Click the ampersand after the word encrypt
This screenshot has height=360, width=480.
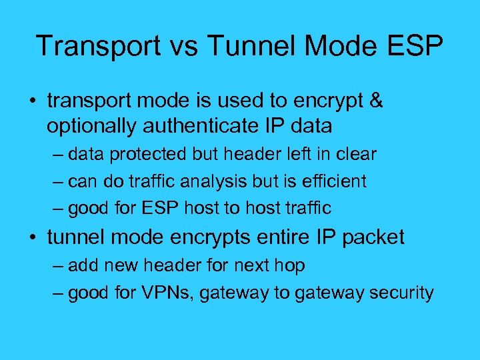click(376, 101)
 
